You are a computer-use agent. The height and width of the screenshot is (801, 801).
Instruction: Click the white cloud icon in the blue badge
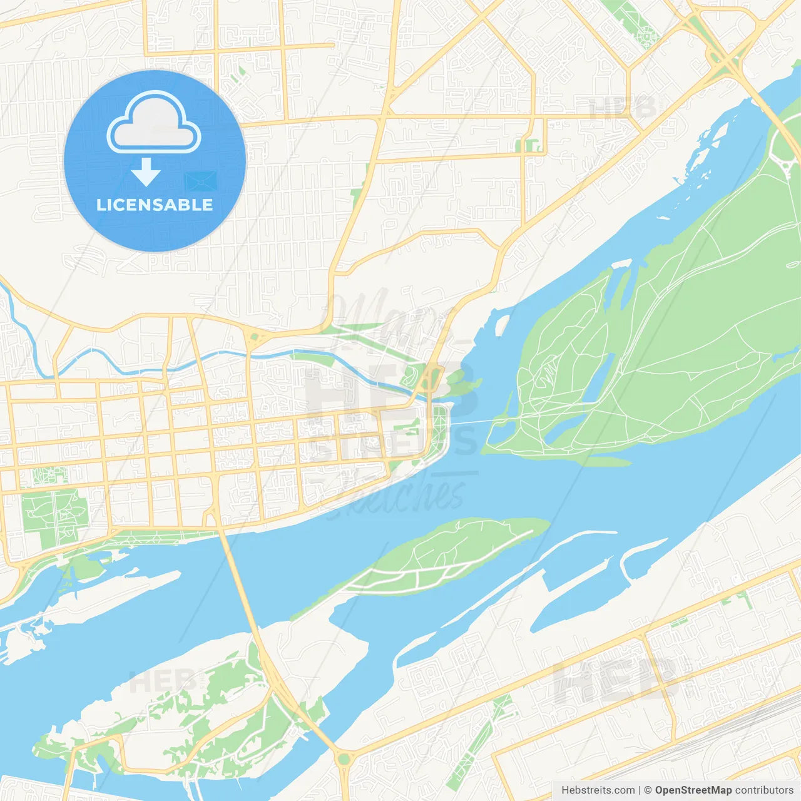[154, 122]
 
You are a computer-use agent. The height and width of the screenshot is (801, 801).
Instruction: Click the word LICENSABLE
[155, 205]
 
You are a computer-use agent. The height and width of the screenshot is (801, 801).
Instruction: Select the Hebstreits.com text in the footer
[598, 790]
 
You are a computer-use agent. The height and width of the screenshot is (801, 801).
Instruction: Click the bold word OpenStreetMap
[693, 790]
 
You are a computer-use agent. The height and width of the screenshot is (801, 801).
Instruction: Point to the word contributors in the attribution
[764, 790]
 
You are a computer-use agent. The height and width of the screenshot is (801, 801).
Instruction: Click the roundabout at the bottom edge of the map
[343, 760]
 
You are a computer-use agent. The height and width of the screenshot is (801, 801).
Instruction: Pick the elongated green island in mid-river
[444, 554]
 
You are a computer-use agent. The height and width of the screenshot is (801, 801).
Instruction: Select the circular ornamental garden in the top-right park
[645, 36]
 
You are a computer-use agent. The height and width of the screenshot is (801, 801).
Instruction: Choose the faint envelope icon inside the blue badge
[201, 181]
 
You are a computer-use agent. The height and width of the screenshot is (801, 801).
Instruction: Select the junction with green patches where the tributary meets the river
[429, 378]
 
